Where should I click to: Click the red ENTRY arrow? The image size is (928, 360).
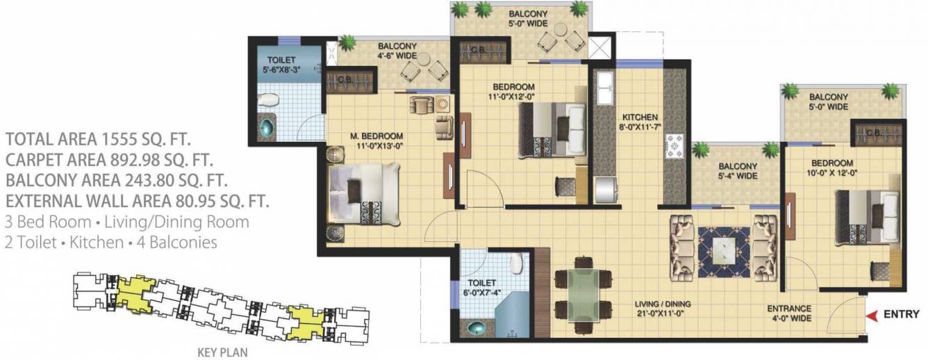coord(870,315)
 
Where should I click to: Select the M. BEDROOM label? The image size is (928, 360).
coord(376,135)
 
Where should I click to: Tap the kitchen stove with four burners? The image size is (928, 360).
coord(674,145)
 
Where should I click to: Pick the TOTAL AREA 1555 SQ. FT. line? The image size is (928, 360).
coord(98,137)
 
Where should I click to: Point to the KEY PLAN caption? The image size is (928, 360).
coord(223,352)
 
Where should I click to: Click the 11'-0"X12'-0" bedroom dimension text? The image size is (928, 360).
coord(511,97)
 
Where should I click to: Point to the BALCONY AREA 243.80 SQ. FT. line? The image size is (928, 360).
coord(117,181)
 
